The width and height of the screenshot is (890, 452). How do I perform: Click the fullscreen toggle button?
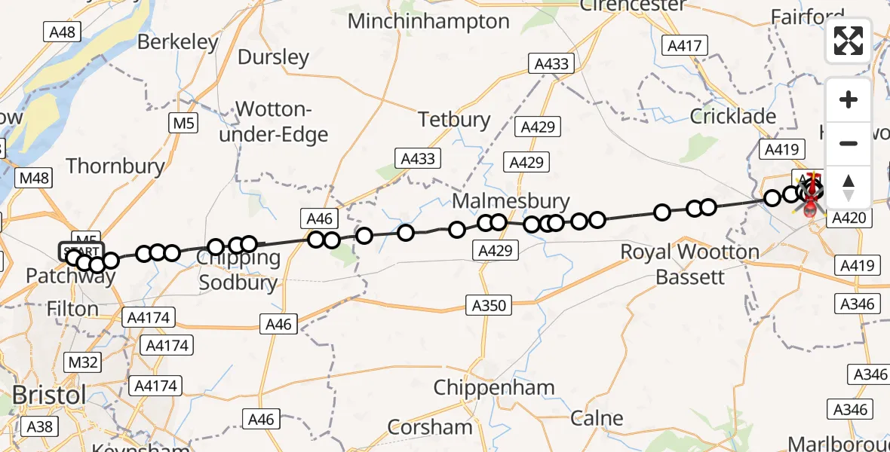(849, 40)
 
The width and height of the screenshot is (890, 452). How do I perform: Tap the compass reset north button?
(849, 188)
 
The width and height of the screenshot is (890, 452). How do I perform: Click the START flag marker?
(79, 251)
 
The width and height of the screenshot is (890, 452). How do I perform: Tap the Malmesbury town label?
(511, 201)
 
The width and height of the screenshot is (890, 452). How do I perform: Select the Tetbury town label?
(454, 119)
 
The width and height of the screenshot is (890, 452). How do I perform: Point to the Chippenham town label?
(494, 388)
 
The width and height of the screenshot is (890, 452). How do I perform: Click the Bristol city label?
(49, 395)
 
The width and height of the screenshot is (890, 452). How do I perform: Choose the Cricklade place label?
(733, 116)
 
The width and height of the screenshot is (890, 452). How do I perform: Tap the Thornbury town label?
(115, 166)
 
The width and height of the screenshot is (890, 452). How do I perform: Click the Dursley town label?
(274, 57)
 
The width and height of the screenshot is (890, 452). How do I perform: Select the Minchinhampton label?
(428, 21)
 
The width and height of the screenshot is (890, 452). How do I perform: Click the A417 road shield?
(685, 46)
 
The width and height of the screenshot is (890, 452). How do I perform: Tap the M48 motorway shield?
(35, 179)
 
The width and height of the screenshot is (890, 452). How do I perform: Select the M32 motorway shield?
(83, 362)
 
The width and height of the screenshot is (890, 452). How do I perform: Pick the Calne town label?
(597, 418)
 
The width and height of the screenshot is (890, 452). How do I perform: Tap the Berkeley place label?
(178, 42)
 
